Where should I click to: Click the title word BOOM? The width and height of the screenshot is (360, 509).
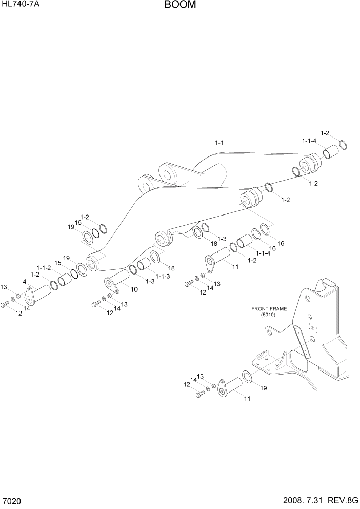(180, 6)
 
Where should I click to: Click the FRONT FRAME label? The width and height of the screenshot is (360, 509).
(269, 309)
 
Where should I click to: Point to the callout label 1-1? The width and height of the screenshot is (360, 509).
(219, 142)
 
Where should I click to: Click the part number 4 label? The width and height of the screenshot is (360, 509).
(24, 282)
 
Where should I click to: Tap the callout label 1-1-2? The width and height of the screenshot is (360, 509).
(44, 268)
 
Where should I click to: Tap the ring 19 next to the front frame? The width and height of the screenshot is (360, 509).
(247, 377)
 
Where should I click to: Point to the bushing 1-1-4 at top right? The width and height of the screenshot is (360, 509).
(329, 153)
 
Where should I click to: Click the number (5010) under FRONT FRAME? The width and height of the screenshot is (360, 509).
(268, 315)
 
